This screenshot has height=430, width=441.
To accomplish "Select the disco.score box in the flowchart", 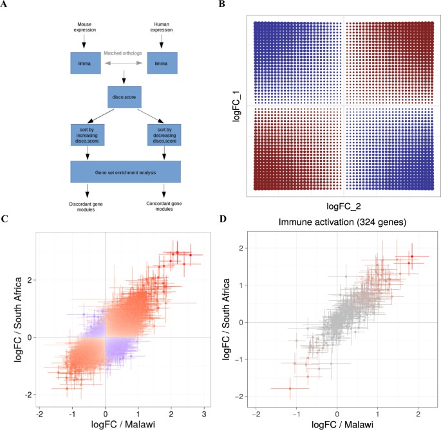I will [123, 98].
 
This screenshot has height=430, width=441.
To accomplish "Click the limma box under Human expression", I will [162, 62].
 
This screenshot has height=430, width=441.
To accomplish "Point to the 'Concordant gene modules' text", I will [164, 204].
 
